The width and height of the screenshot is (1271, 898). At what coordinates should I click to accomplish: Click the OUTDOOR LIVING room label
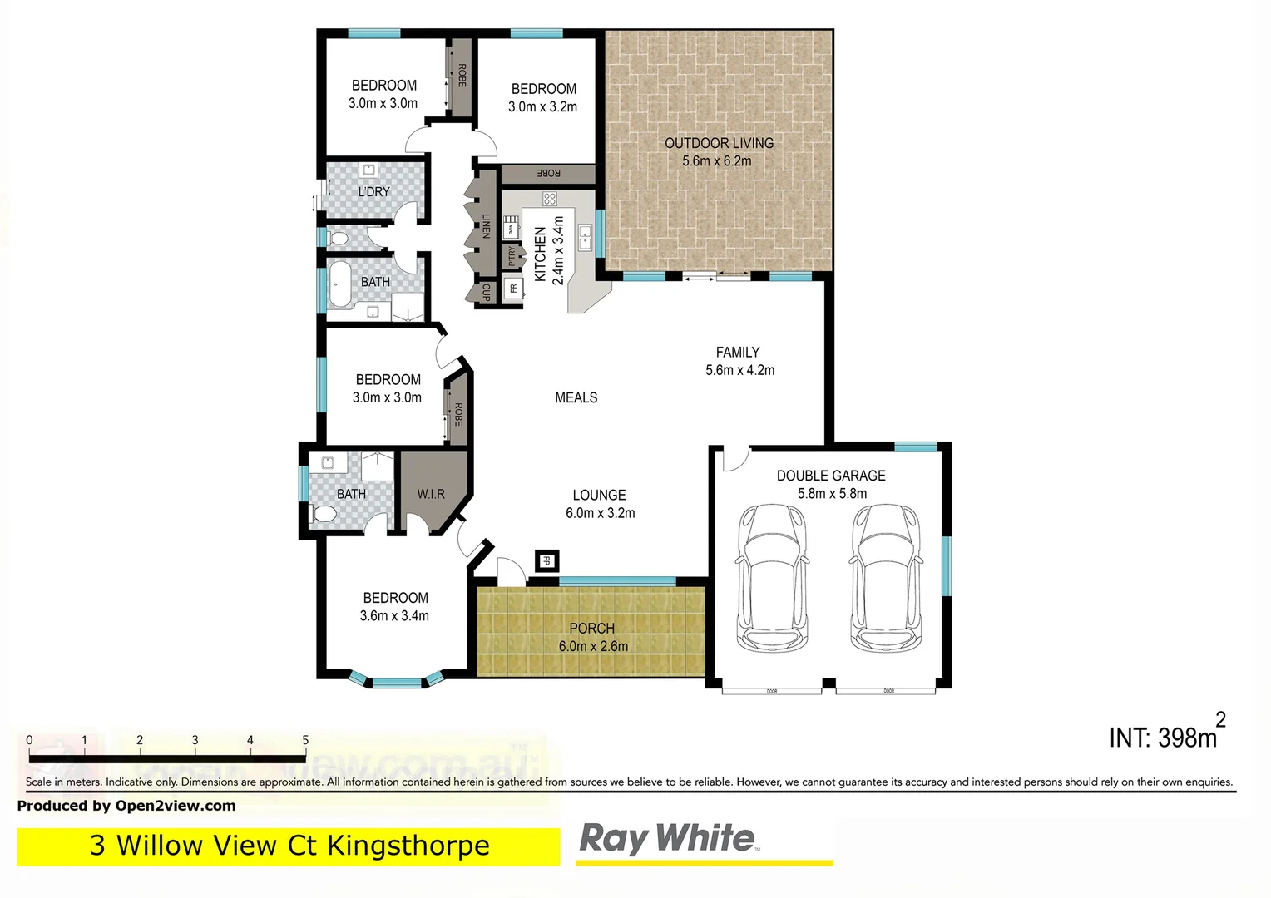tap(719, 143)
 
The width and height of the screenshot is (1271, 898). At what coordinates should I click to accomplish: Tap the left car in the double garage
tap(771, 578)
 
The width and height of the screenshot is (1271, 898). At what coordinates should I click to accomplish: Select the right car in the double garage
tap(886, 578)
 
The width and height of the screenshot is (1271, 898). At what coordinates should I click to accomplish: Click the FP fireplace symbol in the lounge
tap(546, 561)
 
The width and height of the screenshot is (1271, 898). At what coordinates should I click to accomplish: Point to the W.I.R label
tap(431, 494)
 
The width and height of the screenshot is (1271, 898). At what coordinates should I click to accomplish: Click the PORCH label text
tap(591, 629)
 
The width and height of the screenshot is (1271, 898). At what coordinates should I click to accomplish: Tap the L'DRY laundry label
tap(373, 192)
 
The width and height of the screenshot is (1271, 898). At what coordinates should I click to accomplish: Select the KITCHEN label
tap(540, 254)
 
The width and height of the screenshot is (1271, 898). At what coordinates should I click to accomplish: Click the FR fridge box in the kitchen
tap(513, 289)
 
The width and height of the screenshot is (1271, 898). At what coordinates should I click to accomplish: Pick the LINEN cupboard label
tap(487, 226)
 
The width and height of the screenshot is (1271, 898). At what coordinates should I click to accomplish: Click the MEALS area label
tap(576, 398)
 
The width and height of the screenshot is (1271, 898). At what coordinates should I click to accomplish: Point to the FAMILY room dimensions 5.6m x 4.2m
tap(739, 371)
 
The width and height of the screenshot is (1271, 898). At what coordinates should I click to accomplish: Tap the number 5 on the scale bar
tap(305, 740)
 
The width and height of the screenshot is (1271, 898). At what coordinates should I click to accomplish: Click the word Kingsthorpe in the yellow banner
tap(408, 846)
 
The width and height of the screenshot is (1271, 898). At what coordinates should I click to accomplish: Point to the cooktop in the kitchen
tap(549, 199)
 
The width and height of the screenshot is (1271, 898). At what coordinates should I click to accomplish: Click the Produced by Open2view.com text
tap(126, 806)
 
